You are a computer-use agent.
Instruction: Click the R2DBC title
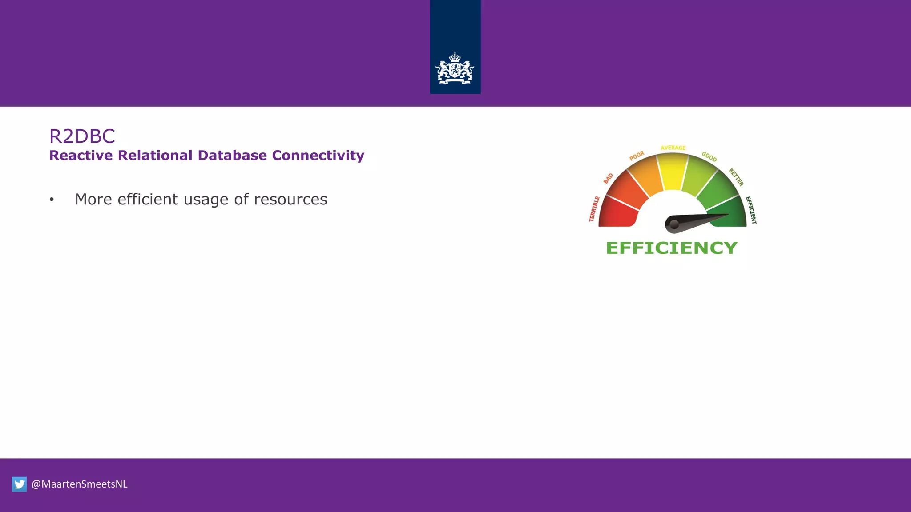point(82,136)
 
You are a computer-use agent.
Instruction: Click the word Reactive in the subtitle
point(81,156)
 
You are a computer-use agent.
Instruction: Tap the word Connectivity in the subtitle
point(318,156)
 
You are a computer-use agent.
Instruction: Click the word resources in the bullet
point(290,200)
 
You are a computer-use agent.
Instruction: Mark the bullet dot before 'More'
point(52,200)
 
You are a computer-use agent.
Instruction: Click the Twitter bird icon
point(20,484)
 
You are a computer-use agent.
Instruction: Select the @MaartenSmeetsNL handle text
point(80,484)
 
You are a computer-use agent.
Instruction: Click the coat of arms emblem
point(455,69)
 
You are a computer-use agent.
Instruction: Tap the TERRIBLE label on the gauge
point(594,209)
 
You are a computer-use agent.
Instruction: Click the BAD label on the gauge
point(608,178)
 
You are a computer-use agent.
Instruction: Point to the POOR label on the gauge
point(637,156)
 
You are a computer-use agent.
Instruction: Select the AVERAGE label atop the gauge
point(673,148)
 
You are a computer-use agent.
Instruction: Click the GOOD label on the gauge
point(709,156)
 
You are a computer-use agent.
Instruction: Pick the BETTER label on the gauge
point(736,177)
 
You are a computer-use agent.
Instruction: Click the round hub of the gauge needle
point(674,224)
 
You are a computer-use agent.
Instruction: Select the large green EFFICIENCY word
point(672,248)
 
